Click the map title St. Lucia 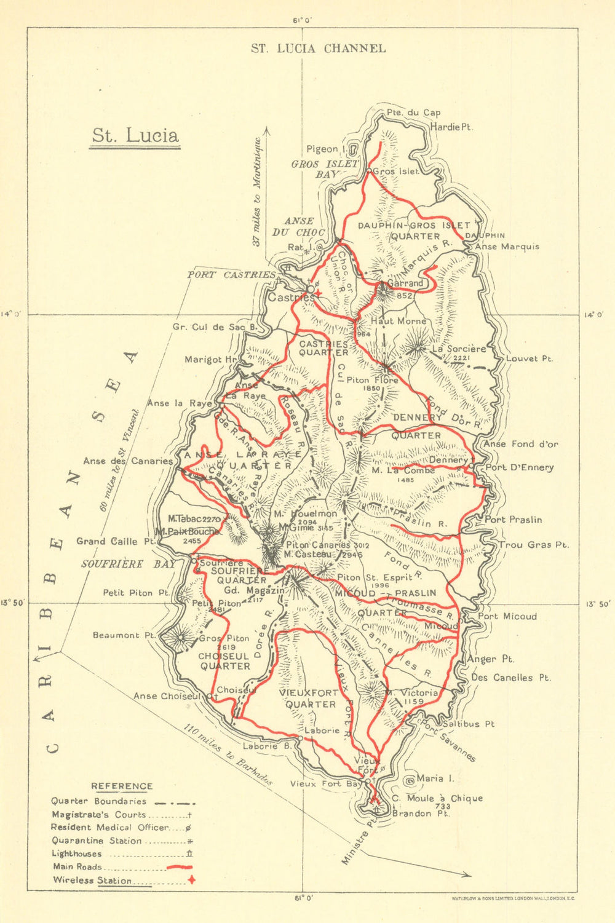tap(135, 135)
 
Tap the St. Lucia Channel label tap(318, 48)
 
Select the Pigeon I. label tap(323, 149)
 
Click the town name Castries tap(290, 297)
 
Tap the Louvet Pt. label tap(530, 359)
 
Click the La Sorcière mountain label tap(459, 348)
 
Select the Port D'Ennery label tap(520, 467)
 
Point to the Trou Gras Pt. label tap(534, 544)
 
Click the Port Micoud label tap(507, 616)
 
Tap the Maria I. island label tap(435, 778)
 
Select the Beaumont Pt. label tap(124, 635)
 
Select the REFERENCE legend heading tap(122, 786)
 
